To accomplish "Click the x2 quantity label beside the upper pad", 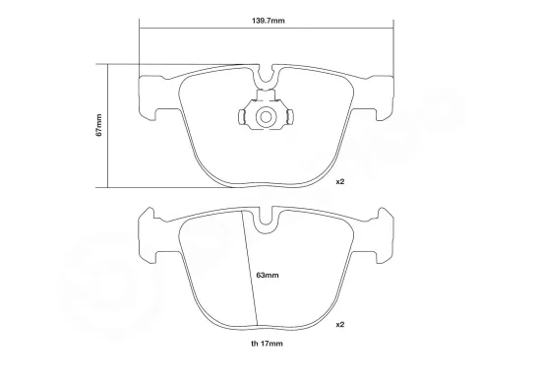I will click(x=340, y=182).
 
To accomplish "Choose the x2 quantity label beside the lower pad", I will click(x=340, y=324).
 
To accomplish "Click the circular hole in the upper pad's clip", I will click(x=264, y=117).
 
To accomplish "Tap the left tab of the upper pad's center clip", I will click(x=242, y=118).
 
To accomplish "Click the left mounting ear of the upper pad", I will click(x=150, y=90).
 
